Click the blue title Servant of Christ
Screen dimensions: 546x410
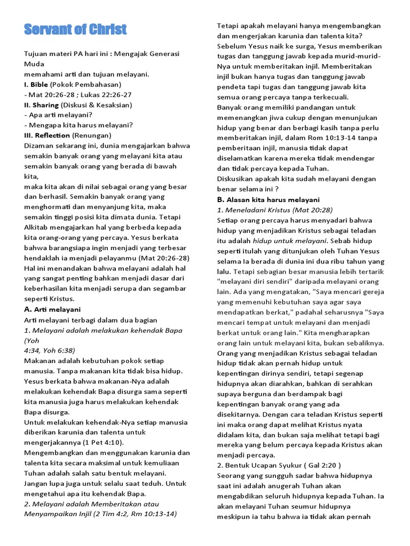click(x=75, y=29)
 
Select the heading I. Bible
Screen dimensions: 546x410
click(x=36, y=84)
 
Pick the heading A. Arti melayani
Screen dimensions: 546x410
click(x=52, y=309)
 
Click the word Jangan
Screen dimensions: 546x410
click(x=37, y=483)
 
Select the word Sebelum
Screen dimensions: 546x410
click(x=231, y=46)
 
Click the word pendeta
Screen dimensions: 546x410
click(x=231, y=87)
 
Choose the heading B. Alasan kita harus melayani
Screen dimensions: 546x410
click(x=268, y=199)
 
